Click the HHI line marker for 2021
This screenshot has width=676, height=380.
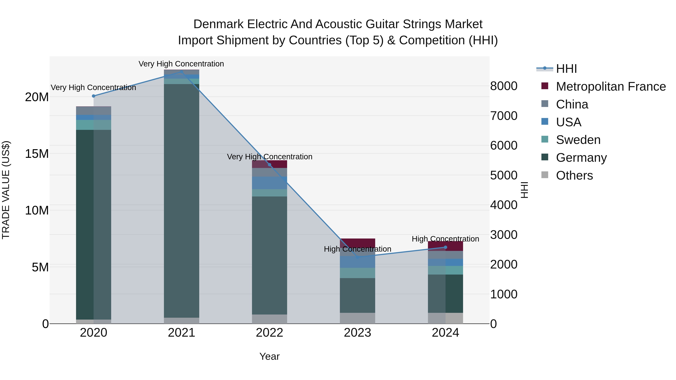(x=181, y=72)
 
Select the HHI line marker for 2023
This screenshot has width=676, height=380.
(x=357, y=257)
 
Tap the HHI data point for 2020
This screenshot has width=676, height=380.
(x=94, y=96)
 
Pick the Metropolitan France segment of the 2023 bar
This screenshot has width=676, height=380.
(x=357, y=243)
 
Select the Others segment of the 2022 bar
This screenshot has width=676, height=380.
(x=269, y=319)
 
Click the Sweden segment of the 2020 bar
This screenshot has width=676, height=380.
(x=94, y=125)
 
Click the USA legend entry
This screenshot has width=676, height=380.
(x=568, y=122)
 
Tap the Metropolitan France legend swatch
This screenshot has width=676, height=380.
(x=545, y=86)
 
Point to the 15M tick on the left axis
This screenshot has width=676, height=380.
(x=37, y=154)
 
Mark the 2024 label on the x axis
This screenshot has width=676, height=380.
(x=445, y=333)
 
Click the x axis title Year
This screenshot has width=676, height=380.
(x=269, y=356)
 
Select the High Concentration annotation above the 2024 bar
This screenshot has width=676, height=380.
(x=445, y=239)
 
